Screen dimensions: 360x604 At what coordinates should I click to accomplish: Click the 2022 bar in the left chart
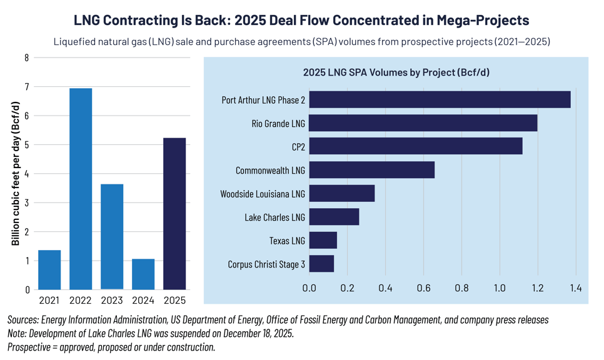81,189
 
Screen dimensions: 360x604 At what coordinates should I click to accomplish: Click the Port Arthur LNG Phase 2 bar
440,99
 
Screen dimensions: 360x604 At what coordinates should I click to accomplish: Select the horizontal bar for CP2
415,146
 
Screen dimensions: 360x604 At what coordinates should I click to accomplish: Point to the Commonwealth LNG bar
371,170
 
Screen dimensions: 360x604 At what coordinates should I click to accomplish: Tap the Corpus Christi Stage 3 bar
321,264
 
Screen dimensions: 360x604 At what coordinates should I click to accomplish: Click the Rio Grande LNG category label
278,123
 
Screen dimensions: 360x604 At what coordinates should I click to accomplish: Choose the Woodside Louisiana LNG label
263,194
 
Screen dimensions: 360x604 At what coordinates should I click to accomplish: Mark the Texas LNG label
287,241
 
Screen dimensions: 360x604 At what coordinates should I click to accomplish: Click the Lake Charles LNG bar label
274,217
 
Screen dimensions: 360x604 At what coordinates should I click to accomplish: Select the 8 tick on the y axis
26,57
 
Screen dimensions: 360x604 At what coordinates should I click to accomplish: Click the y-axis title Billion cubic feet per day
16,174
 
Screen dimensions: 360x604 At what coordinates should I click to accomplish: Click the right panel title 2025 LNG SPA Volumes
396,72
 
